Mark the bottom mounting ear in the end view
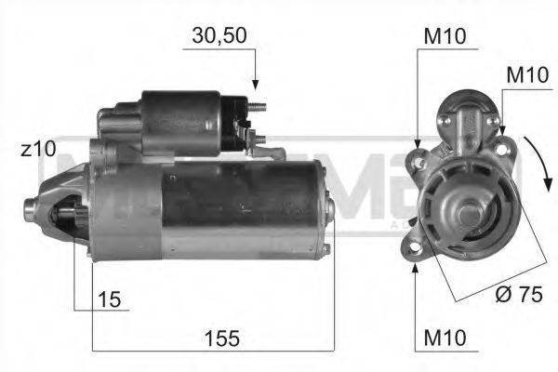(x=413, y=248)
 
